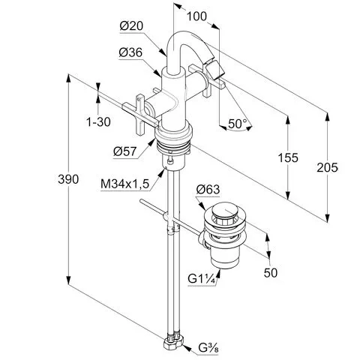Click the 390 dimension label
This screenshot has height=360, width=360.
pyautogui.click(x=68, y=179)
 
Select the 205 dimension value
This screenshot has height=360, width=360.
pyautogui.click(x=327, y=167)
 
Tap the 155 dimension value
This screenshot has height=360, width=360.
pyautogui.click(x=288, y=157)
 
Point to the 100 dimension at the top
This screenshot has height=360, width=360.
pyautogui.click(x=196, y=16)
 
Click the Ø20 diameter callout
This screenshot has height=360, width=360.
pyautogui.click(x=131, y=25)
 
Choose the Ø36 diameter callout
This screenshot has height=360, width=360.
pyautogui.click(x=130, y=52)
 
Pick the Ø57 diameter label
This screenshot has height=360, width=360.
pyautogui.click(x=125, y=151)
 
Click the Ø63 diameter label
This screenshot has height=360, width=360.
pyautogui.click(x=208, y=189)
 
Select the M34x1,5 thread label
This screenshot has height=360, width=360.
pyautogui.click(x=124, y=184)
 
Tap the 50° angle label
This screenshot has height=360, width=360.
pyautogui.click(x=237, y=124)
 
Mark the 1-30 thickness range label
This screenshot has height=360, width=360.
pyautogui.click(x=98, y=122)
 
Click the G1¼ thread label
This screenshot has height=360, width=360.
pyautogui.click(x=202, y=278)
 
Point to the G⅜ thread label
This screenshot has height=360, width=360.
pyautogui.click(x=208, y=347)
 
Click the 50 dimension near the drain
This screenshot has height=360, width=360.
pyautogui.click(x=271, y=272)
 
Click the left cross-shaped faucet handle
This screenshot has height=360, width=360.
pyautogui.click(x=140, y=115)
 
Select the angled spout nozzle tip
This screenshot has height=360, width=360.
pyautogui.click(x=215, y=69)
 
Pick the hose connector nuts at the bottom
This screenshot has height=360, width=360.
pyautogui.click(x=174, y=341)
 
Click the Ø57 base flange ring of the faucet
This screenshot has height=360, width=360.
pyautogui.click(x=174, y=133)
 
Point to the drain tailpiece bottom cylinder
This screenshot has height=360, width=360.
pyautogui.click(x=224, y=258)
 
